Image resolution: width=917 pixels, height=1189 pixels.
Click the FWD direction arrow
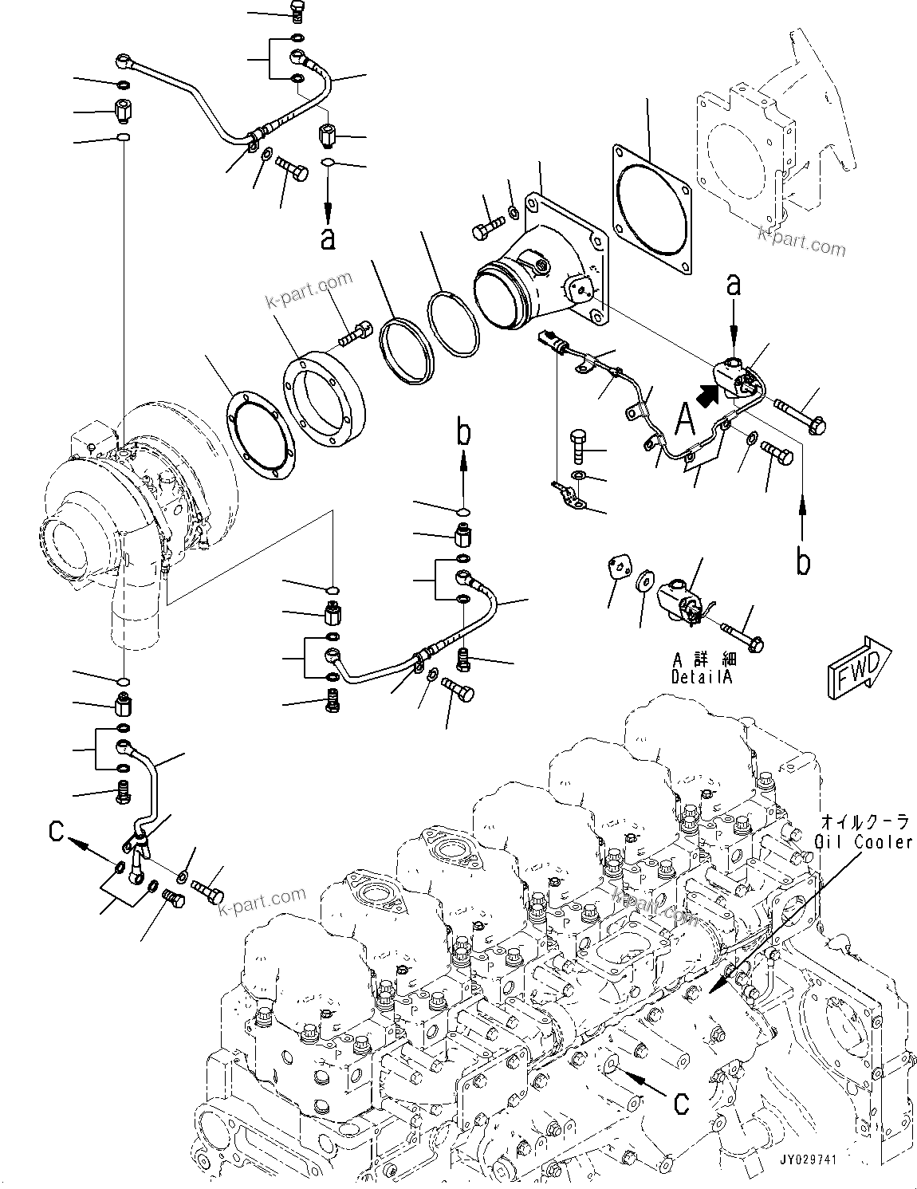(858, 667)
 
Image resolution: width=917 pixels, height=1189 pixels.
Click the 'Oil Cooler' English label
(864, 842)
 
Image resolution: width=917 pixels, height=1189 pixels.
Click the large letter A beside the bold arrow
(684, 417)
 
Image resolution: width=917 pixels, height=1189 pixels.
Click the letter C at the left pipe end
(56, 831)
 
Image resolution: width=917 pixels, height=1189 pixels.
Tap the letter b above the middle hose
(464, 434)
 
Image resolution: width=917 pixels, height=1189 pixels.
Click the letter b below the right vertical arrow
(804, 561)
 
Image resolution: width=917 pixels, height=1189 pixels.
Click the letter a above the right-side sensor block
(733, 284)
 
